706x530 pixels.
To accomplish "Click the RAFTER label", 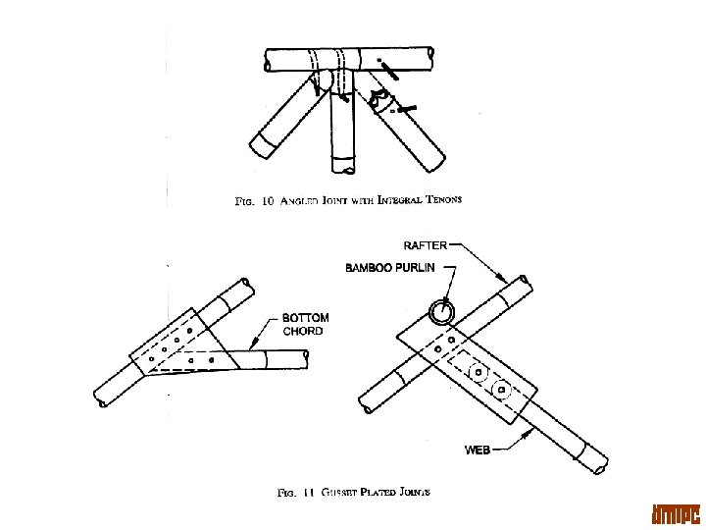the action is pos(423,246).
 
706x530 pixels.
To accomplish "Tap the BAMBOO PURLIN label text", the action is pos(391,267).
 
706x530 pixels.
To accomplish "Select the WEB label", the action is pos(478,450).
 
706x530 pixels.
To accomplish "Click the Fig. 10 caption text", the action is pos(349,200).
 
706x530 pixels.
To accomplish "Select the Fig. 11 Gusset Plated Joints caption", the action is pos(354,493).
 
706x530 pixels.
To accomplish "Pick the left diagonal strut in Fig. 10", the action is pos(284,118).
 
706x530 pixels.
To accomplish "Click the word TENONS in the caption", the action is pos(440,199).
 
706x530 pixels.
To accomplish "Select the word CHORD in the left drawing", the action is pos(303,332).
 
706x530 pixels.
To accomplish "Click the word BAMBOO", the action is pos(369,267).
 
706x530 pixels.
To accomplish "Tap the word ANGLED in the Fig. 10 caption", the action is pos(301,200).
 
